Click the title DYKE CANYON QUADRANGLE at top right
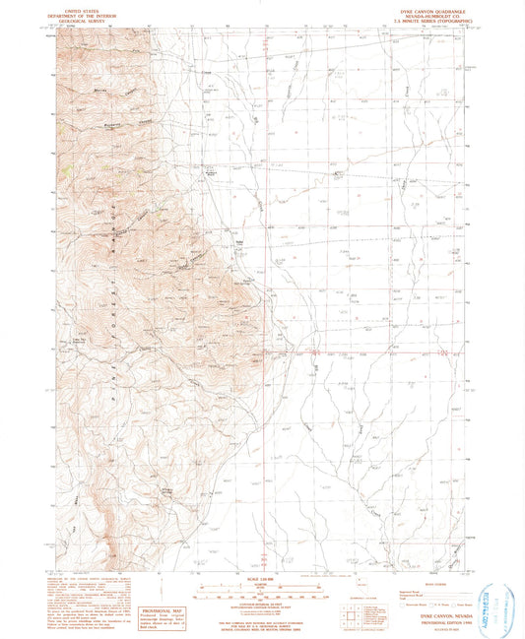416,8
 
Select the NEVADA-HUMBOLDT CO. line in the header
416,13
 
